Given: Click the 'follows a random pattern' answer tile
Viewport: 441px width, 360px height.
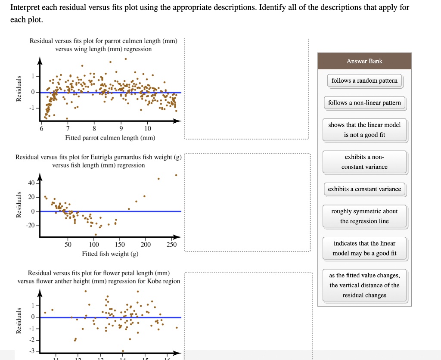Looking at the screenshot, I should coord(364,81).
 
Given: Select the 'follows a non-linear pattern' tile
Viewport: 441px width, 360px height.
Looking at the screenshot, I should coord(364,103).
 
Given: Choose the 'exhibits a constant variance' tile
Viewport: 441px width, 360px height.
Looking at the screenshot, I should coord(364,189).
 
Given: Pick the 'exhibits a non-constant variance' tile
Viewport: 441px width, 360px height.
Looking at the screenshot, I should coord(364,162).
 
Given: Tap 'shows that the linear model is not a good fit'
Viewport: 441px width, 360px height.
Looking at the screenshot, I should coord(364,130).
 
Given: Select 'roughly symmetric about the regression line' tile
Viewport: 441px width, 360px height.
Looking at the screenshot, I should coord(364,216).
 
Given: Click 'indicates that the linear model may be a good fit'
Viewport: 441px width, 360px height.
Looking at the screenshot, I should coord(364,248).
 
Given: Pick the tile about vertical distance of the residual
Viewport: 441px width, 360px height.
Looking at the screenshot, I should coord(364,285).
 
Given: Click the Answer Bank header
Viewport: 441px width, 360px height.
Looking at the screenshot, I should coord(364,61).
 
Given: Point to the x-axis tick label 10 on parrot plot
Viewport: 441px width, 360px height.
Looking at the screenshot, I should coord(148,129).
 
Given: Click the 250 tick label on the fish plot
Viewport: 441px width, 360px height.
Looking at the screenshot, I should coord(171,245).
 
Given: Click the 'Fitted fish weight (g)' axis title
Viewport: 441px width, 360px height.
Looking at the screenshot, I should coord(110,254).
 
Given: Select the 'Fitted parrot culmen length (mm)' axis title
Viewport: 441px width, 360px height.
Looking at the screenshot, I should coord(110,138).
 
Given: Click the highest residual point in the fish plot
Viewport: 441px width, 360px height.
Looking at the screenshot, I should coord(176,175).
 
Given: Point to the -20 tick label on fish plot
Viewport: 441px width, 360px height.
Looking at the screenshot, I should coord(31,225).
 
